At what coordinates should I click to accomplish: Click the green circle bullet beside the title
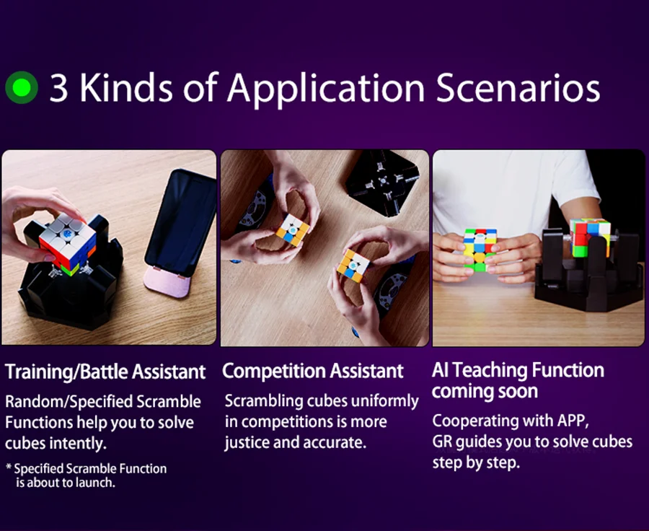point(22,87)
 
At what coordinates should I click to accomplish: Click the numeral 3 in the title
point(58,88)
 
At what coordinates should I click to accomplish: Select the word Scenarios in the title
point(518,88)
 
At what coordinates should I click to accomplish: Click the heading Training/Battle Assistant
point(105,372)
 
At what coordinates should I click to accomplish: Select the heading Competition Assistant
point(312,371)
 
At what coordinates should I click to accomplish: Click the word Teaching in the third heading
point(490,370)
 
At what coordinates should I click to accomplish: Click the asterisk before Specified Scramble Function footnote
point(8,468)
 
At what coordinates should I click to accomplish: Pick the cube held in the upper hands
point(293,229)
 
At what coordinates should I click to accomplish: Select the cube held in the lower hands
point(353,266)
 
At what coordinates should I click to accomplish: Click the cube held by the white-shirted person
point(480,250)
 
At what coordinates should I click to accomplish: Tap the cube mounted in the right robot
point(590,237)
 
